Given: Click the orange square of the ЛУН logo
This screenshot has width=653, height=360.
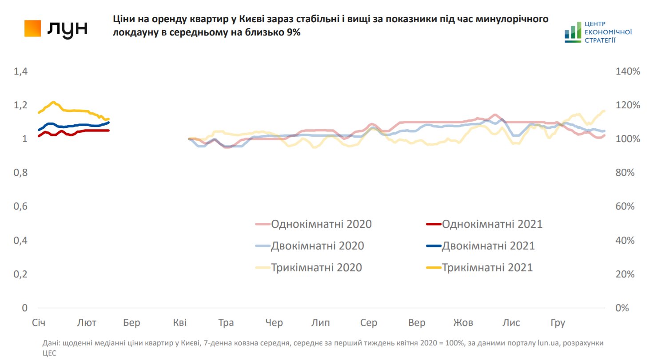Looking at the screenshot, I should (33, 28).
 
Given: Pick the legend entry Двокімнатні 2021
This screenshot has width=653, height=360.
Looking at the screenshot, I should (488, 246).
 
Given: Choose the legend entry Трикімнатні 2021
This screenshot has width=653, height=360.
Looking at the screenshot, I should (487, 268).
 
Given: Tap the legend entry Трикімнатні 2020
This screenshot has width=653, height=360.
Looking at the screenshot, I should (316, 268).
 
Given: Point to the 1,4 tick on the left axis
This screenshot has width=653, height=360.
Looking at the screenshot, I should (21, 71).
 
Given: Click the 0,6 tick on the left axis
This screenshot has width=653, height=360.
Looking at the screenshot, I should (21, 207).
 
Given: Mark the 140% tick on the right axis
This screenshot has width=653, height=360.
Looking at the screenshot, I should (627, 71).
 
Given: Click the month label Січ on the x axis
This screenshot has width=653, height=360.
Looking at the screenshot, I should (39, 323).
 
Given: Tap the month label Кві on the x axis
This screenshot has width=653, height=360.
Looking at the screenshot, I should (180, 323).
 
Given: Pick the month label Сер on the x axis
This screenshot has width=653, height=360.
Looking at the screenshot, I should (369, 323).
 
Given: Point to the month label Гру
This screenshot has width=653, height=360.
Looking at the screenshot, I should (557, 323).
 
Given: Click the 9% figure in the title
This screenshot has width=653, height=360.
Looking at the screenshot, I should (293, 33).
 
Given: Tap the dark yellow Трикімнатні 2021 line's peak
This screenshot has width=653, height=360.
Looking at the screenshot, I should (53, 102).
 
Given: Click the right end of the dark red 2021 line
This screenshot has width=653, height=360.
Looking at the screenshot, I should (108, 131).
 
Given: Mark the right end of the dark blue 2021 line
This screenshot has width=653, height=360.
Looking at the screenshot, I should (108, 122).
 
